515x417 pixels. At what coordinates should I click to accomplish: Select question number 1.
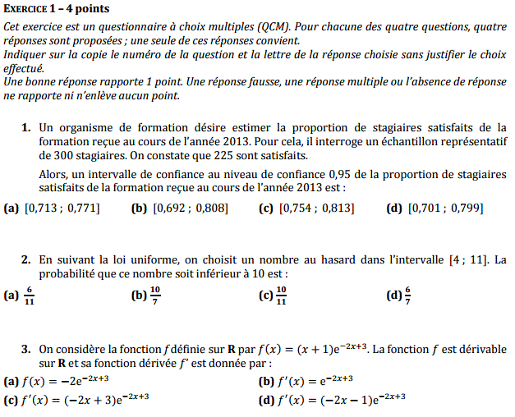point(26,128)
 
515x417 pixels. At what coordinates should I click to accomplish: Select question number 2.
point(26,260)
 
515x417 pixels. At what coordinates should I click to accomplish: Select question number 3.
point(26,349)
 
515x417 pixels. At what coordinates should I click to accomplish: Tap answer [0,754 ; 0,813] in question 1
point(317,208)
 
